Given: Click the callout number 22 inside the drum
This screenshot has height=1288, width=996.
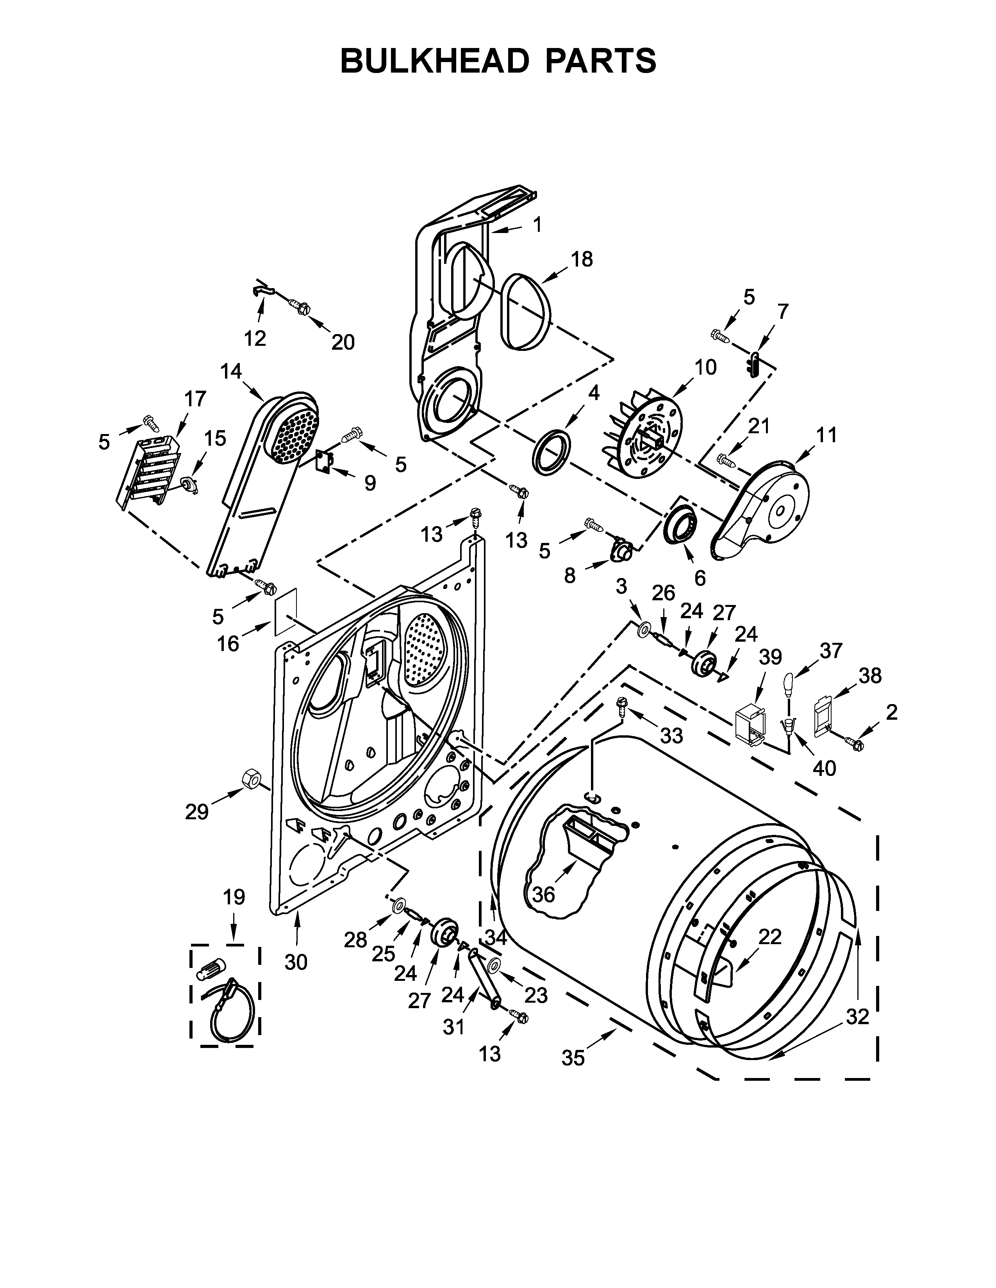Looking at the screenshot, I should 770,936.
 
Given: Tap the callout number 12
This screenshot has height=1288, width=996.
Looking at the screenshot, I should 255,338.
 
